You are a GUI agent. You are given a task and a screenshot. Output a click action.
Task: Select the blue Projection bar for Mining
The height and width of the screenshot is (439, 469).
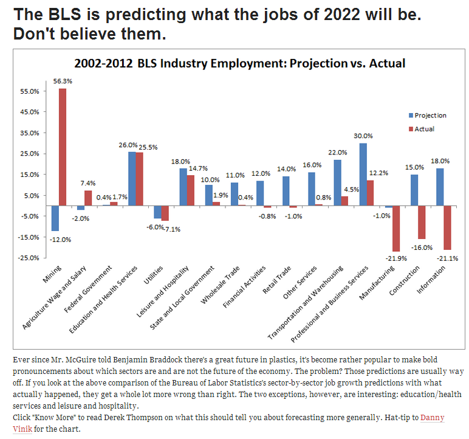[55, 218]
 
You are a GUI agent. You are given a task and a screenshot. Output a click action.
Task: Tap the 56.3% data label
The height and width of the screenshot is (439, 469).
[63, 81]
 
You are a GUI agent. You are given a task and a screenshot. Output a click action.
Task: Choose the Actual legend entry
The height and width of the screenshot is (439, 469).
[425, 129]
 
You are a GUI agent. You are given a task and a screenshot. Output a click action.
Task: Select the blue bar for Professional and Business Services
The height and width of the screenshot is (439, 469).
[363, 175]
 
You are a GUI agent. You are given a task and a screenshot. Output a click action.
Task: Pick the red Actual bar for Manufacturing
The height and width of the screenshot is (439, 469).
[396, 229]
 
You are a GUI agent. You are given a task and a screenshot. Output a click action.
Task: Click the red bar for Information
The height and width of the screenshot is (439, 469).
[448, 227]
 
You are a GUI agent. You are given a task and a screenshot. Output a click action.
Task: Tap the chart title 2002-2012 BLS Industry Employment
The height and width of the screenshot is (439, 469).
[239, 63]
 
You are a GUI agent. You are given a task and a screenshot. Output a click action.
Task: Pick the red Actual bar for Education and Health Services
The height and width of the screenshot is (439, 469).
[139, 179]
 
